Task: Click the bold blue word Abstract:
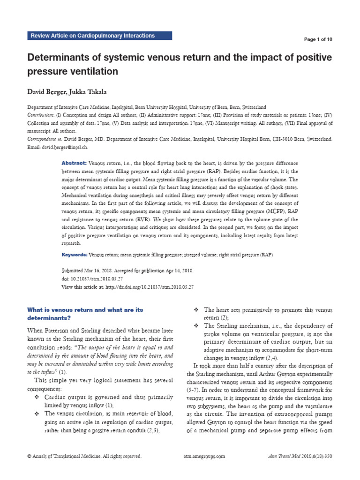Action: pos(74,162)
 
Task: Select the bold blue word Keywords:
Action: pos(75,255)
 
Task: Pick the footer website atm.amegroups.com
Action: pos(202,456)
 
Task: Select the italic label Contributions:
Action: pos(41,115)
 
